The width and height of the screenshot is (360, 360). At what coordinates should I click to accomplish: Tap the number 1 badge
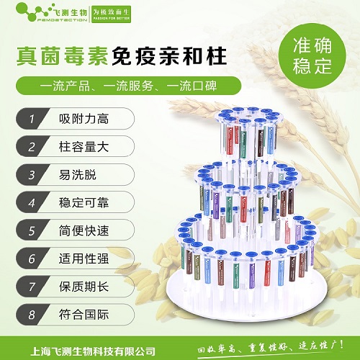[x=31, y=117]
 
